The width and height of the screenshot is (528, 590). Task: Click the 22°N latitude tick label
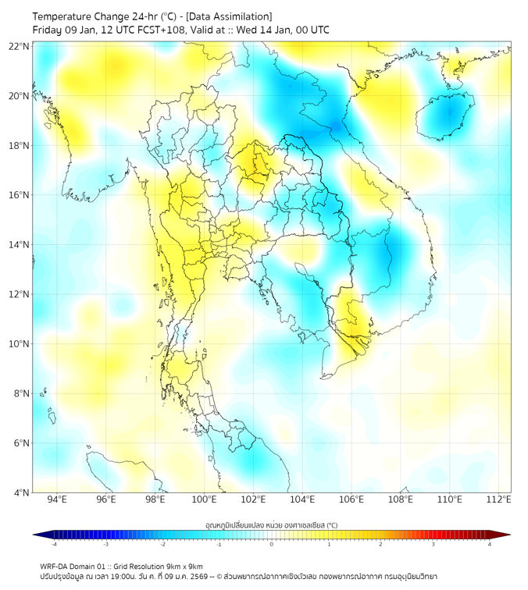tap(20, 46)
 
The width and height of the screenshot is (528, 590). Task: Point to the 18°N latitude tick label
tap(20, 146)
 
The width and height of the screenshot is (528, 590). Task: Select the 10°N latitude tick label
tap(20, 344)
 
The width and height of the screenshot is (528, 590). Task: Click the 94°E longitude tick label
tap(57, 499)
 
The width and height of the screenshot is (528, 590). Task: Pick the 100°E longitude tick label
tap(205, 499)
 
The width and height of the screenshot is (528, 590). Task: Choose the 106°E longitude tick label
tap(351, 499)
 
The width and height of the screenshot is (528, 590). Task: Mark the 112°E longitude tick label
tap(499, 499)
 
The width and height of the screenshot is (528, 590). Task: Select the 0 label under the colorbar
tap(272, 544)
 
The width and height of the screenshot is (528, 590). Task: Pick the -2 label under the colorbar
tap(162, 544)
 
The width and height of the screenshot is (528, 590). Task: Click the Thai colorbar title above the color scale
tap(271, 525)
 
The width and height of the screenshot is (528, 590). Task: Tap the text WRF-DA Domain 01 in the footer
tap(77, 566)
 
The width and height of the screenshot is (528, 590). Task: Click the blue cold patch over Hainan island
tap(448, 113)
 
